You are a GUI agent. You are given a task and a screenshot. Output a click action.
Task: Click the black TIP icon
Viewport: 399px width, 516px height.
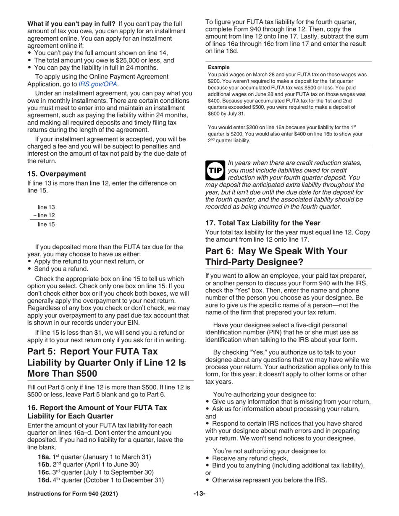[215, 170]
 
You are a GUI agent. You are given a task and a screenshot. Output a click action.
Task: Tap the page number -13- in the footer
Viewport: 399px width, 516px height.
[199, 494]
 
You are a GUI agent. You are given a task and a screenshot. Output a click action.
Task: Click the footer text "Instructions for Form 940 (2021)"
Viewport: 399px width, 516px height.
[73, 494]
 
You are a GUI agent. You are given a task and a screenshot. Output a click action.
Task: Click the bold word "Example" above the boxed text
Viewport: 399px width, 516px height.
[219, 67]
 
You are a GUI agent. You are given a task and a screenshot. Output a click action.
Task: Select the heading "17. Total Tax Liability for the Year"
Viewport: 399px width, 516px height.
[263, 223]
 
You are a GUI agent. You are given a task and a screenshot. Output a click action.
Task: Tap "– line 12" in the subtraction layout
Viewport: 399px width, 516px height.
[44, 216]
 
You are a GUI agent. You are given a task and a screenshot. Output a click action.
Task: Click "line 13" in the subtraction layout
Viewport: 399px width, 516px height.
[46, 207]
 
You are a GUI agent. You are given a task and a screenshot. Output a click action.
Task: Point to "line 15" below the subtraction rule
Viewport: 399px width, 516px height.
[46, 224]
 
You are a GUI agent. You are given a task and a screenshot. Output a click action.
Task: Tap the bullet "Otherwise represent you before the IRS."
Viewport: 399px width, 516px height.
[270, 480]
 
